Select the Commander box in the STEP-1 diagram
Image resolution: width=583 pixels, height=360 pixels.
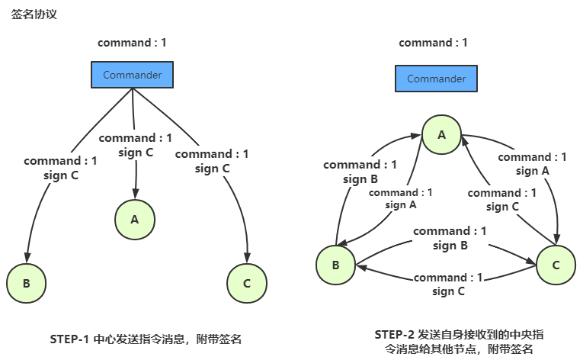(x=132, y=75)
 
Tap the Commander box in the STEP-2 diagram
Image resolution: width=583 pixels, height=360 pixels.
(x=436, y=79)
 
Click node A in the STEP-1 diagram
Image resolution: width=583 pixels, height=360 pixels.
(x=135, y=220)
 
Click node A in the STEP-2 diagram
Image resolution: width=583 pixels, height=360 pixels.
(x=440, y=135)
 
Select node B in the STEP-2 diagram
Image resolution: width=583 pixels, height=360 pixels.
(x=335, y=265)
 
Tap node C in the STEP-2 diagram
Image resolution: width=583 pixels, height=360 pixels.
(x=556, y=265)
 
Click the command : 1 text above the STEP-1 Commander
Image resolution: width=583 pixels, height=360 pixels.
(x=132, y=43)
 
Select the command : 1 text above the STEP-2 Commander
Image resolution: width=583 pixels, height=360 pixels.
(x=433, y=43)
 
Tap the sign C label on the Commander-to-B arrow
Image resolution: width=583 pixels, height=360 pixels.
(x=60, y=175)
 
